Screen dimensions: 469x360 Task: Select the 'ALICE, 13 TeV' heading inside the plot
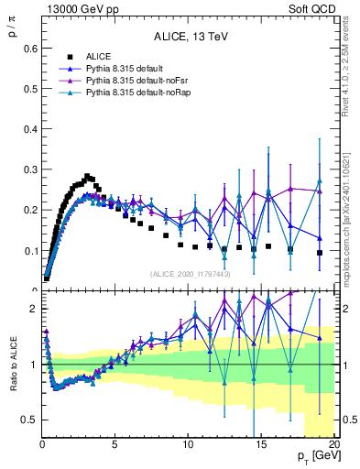[x=190, y=38]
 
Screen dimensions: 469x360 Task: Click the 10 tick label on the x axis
[x=188, y=444]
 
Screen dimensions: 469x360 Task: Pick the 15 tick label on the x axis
[x=261, y=444]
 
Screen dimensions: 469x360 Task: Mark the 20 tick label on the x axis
[x=333, y=444]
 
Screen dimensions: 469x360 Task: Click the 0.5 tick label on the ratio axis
[x=27, y=420]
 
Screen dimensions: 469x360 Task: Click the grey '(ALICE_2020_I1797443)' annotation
[x=190, y=274]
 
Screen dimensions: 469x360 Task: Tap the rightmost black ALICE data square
[x=320, y=253]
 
